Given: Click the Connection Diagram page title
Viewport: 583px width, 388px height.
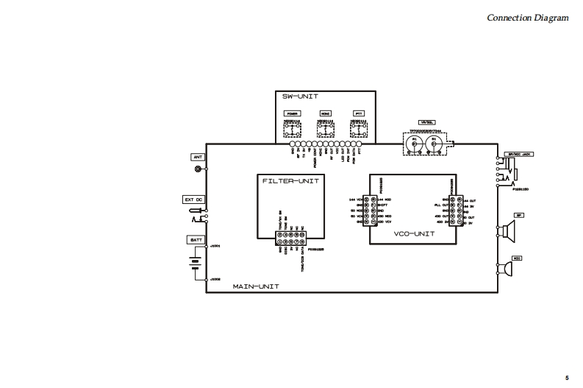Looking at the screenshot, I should coord(528,18).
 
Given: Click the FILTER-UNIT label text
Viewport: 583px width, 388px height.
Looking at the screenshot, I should coord(289,180).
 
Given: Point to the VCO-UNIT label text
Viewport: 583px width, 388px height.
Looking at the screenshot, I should coord(414,233).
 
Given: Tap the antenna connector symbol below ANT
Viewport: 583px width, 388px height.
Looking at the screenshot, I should coord(198,169).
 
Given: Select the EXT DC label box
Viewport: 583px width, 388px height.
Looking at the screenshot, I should coord(193,200).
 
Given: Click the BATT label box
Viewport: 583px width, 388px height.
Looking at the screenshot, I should coord(196,240).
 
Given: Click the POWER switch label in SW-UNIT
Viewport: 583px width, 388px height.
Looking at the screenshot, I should coord(293,114).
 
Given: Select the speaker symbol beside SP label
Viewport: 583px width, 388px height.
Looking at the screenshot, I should coord(506,232).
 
